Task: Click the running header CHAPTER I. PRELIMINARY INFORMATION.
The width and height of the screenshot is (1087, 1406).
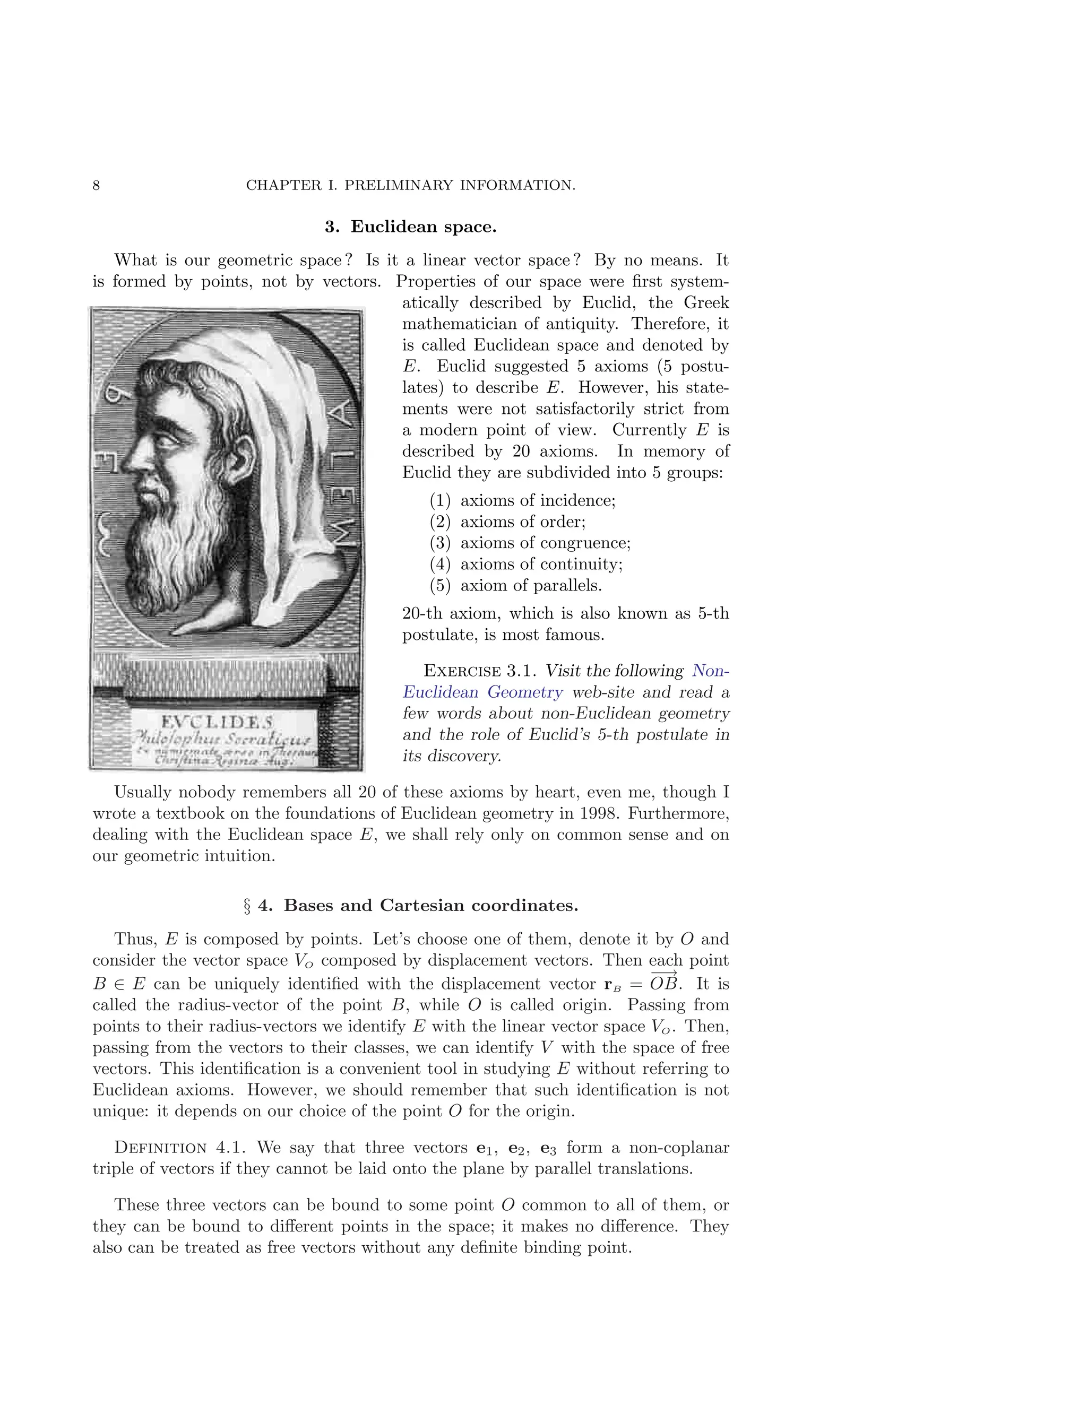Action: pos(410,185)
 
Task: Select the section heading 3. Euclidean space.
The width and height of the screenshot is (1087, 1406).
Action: pos(410,227)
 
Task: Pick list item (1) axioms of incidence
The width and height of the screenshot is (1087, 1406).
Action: pos(522,500)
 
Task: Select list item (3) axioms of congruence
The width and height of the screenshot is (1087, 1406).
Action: pos(530,543)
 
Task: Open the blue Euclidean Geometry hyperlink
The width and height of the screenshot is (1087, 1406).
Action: pos(483,692)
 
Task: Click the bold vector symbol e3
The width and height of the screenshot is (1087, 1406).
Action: pos(547,1149)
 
